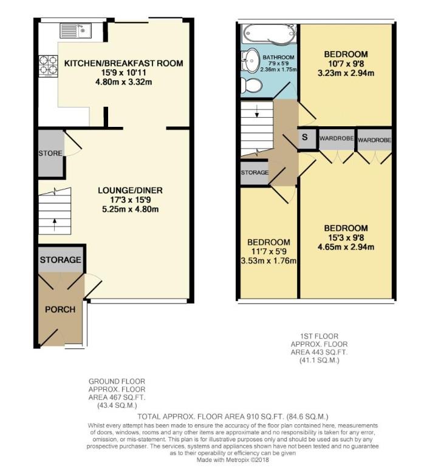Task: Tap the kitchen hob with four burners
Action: (x=47, y=65)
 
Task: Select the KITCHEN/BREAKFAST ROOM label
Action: (x=123, y=63)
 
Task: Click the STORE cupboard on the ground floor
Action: (x=50, y=154)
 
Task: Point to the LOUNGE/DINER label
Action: (x=130, y=190)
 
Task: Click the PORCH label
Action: (x=60, y=310)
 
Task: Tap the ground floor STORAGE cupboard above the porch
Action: (x=60, y=260)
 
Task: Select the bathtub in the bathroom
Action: (x=268, y=33)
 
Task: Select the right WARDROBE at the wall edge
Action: (x=374, y=140)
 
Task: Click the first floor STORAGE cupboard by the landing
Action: (x=255, y=173)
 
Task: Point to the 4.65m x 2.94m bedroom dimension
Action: (x=345, y=246)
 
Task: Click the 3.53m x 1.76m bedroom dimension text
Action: (x=267, y=262)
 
